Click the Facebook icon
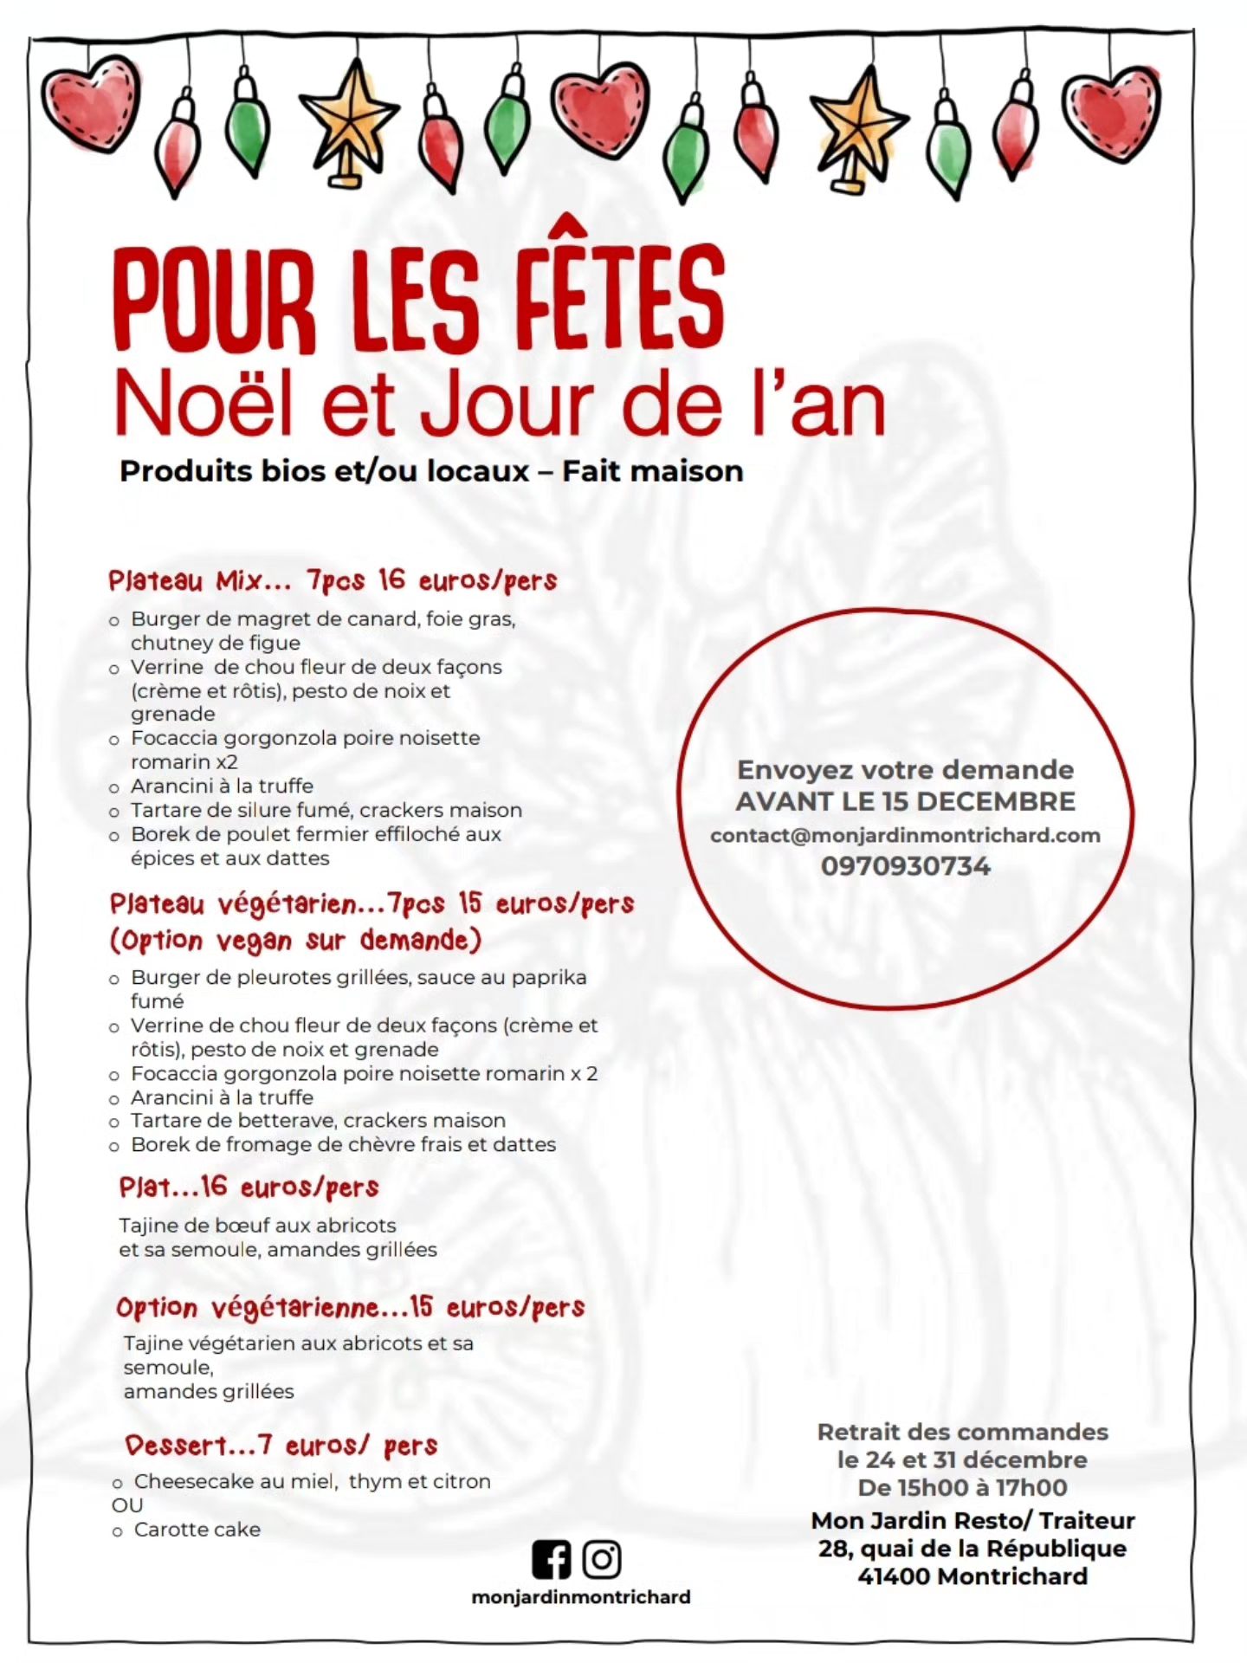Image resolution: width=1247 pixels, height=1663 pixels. [x=552, y=1559]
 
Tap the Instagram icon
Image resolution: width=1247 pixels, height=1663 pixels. [x=602, y=1559]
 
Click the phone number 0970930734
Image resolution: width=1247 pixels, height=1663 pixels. [x=905, y=866]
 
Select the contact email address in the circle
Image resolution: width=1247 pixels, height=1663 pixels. [x=905, y=836]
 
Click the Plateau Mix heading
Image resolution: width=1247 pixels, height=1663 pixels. [x=333, y=580]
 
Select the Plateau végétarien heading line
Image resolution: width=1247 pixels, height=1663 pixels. [x=372, y=904]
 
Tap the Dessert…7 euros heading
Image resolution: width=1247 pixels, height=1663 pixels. [x=281, y=1445]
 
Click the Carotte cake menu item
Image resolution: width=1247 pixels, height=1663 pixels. [x=197, y=1530]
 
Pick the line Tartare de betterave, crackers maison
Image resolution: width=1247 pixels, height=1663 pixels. [x=318, y=1121]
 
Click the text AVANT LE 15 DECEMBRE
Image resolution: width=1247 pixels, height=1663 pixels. [x=905, y=801]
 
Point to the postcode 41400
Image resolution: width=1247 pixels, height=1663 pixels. [x=894, y=1576]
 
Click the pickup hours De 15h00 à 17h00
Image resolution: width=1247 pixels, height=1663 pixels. [x=962, y=1488]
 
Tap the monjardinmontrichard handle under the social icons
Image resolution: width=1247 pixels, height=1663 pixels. [x=580, y=1597]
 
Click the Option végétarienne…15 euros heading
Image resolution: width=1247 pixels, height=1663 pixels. [x=350, y=1307]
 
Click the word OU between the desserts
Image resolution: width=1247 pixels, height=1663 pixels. [x=127, y=1505]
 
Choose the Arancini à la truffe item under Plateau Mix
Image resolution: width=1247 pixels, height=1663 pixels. [x=222, y=786]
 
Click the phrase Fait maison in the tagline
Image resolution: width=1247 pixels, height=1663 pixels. [x=652, y=471]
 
